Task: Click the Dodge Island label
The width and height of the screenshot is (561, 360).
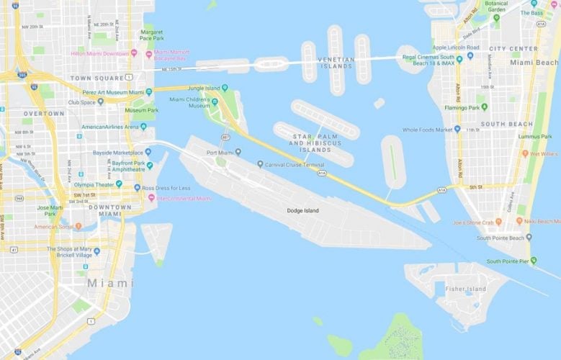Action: point(301,210)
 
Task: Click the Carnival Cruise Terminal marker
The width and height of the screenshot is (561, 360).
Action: point(260,164)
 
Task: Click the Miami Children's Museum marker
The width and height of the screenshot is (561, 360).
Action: point(214,102)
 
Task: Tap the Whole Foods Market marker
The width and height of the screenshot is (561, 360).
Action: point(458,130)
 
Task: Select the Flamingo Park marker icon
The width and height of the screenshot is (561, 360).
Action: point(484,107)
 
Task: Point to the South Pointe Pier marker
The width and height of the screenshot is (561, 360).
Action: point(534,261)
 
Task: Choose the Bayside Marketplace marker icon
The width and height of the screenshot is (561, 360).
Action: point(148,152)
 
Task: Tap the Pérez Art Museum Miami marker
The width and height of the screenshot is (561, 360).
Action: point(148,92)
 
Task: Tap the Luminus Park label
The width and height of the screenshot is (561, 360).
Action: point(535,135)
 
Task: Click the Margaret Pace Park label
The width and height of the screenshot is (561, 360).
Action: point(152,36)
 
